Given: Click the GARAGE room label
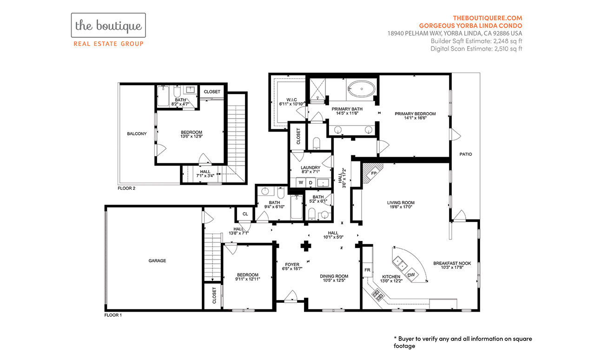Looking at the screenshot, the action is tap(157, 261).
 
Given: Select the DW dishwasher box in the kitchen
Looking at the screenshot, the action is tap(411, 275).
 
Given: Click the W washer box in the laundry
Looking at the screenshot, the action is tap(301, 182).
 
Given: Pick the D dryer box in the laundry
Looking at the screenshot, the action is tap(310, 182).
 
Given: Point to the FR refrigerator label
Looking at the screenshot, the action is tap(367, 270).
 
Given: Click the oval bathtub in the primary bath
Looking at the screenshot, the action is tap(362, 89).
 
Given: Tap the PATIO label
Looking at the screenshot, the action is tap(466, 154).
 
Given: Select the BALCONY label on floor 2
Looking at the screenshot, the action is tap(137, 133).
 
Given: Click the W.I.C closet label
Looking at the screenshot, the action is tap(291, 100).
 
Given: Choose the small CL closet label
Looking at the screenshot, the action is tap(245, 214).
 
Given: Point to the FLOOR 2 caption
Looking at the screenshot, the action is tap(126, 188).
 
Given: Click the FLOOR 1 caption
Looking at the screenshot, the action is tap(113, 315).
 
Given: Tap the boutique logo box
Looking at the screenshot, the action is tap(108, 25).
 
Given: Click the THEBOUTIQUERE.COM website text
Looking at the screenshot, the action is tap(488, 18).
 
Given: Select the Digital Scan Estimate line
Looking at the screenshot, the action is tap(476, 48).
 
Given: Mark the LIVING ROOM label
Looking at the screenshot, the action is tap(401, 203).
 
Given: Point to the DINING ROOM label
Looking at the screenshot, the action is tap(334, 276).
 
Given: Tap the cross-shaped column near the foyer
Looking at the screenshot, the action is tap(306, 246).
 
